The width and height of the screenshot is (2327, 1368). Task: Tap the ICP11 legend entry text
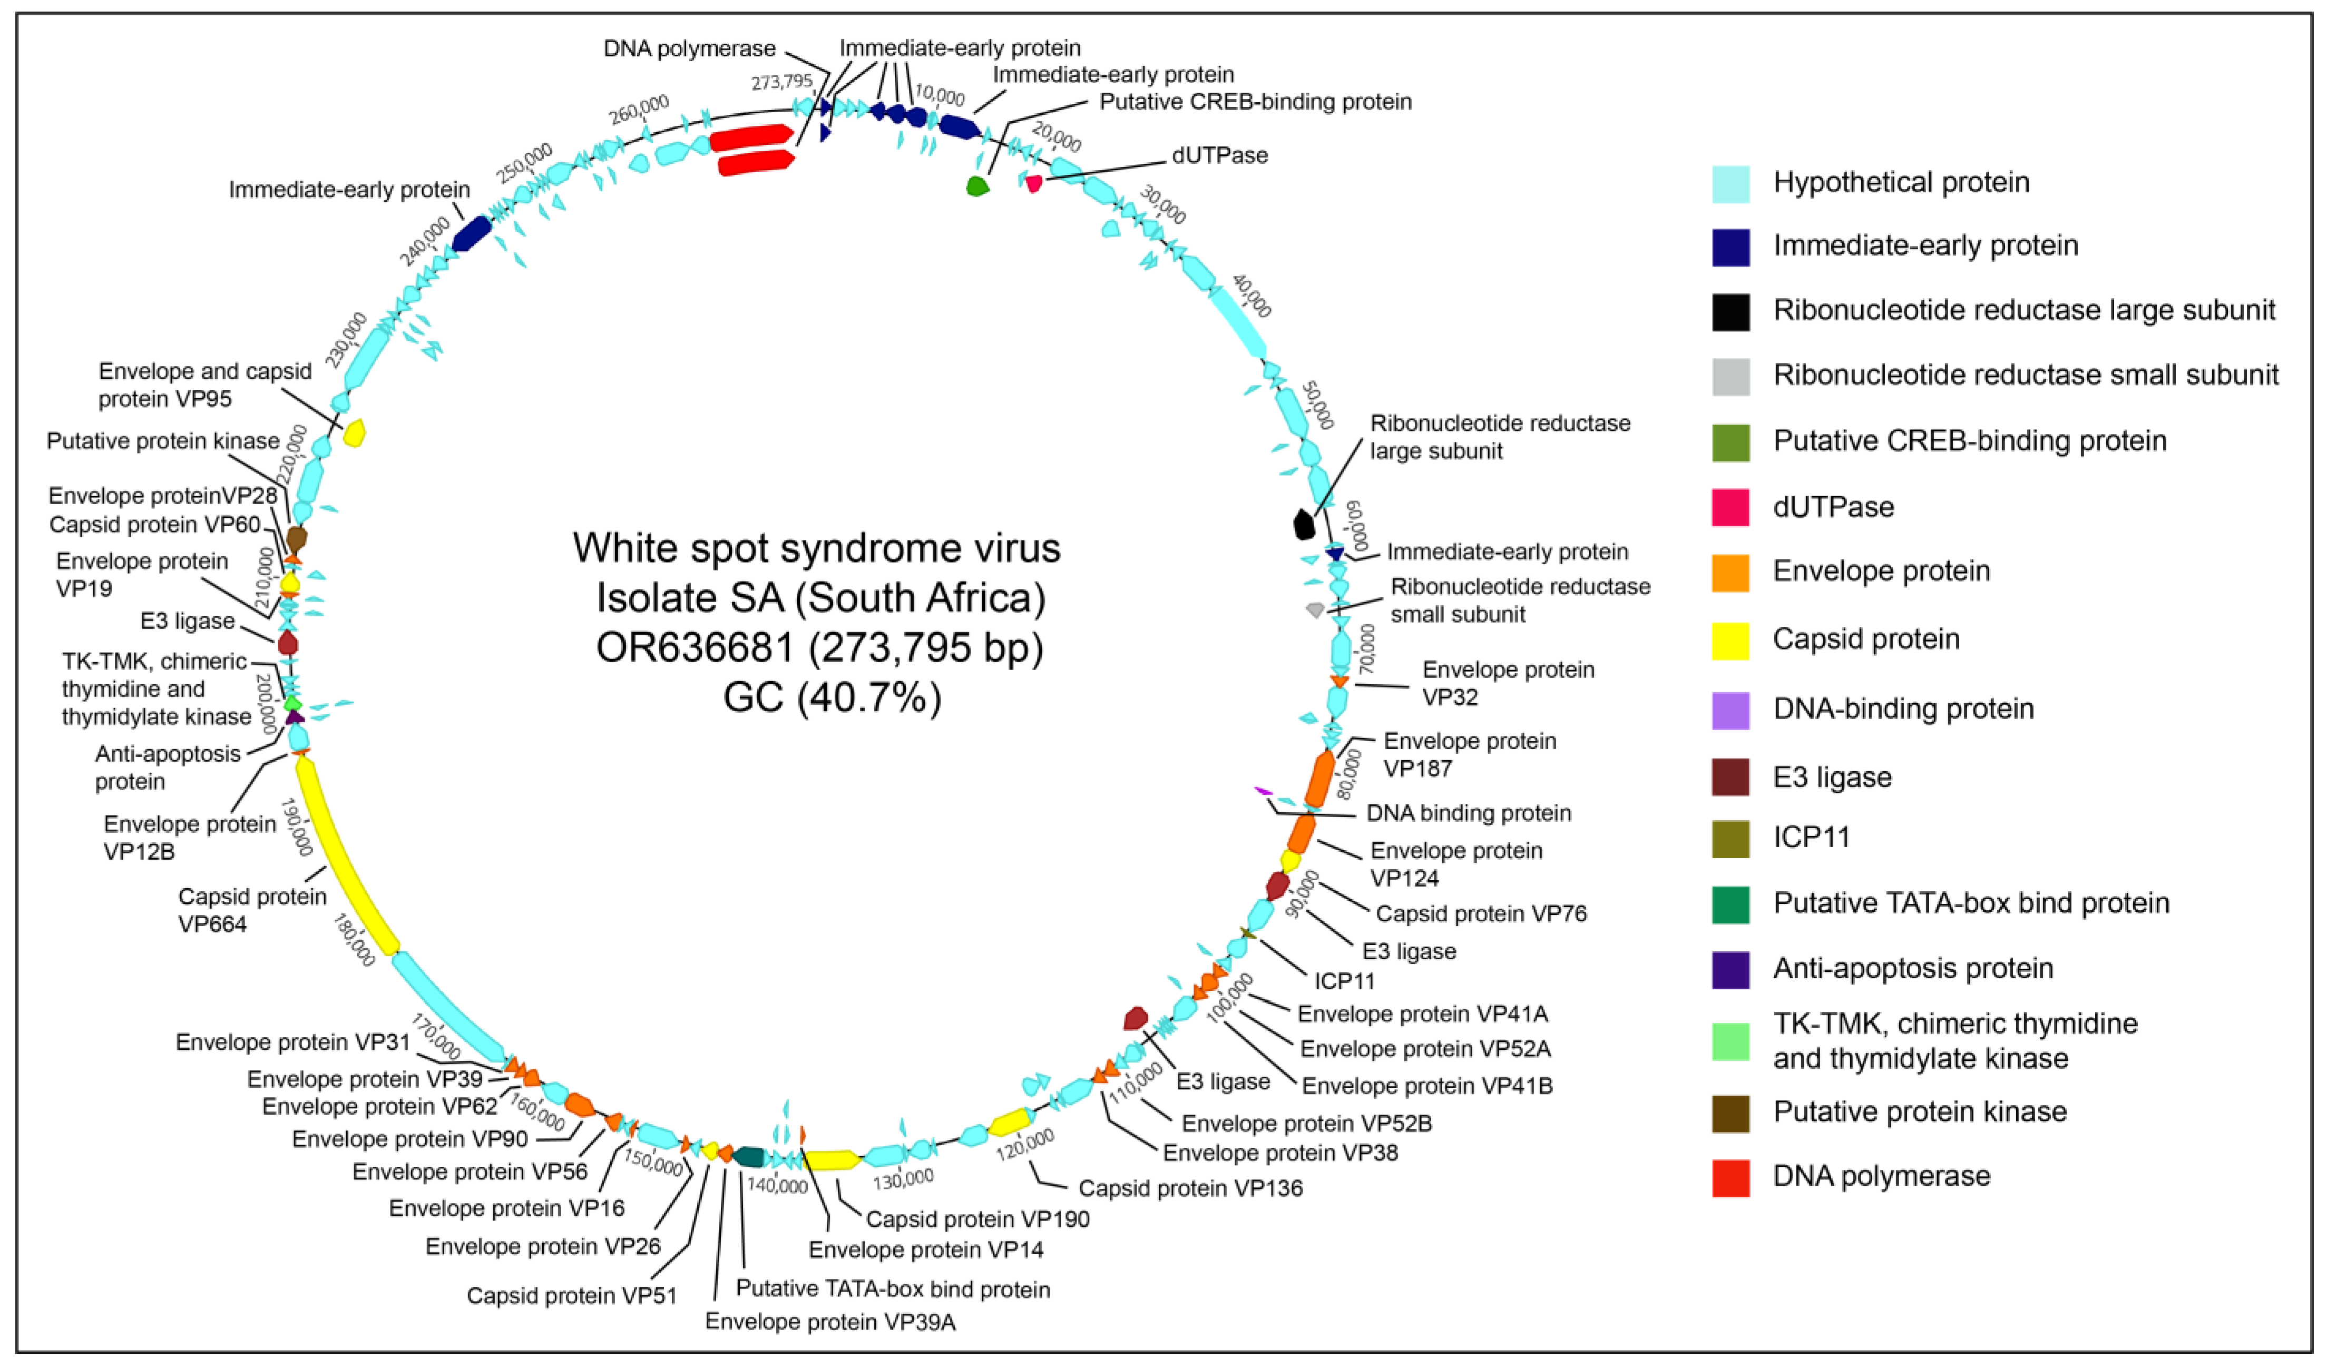point(1811,837)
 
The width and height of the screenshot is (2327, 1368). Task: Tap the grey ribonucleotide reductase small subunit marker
point(1315,609)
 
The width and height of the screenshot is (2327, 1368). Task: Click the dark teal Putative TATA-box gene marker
point(748,1157)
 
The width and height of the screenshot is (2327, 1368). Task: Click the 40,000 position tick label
point(1251,296)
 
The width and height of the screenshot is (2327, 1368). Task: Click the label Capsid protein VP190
point(977,1218)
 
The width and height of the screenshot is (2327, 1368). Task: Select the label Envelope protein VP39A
point(829,1322)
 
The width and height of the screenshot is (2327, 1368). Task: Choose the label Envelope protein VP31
point(293,1042)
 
